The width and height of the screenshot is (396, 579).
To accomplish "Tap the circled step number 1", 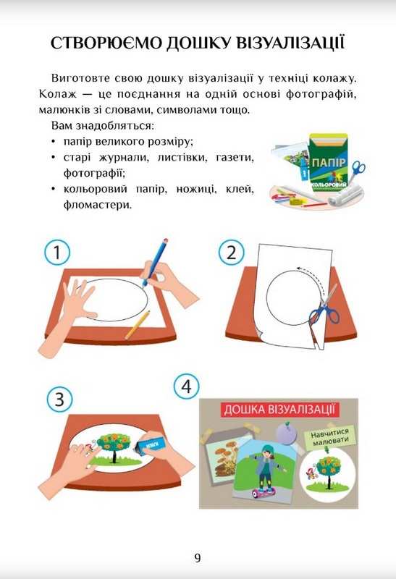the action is [x=57, y=252].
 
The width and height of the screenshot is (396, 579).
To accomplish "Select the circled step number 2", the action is [x=231, y=253].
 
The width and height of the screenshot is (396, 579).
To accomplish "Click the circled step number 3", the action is [x=60, y=400].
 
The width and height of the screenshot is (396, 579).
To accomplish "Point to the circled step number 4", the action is [x=187, y=386].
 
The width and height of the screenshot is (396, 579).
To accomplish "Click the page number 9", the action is [x=198, y=557].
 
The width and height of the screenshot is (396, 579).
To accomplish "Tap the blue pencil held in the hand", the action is [x=155, y=262].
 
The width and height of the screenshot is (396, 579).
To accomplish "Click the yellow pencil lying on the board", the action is [x=138, y=324].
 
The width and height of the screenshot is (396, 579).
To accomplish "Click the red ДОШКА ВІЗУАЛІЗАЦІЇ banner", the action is [x=279, y=410].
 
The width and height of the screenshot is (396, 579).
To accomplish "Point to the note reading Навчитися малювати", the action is [x=330, y=437].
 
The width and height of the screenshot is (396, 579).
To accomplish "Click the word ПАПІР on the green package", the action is [x=329, y=163].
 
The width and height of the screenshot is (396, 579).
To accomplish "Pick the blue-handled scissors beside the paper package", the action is [x=357, y=171].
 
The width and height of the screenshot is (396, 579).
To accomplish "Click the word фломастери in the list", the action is [x=98, y=204].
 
